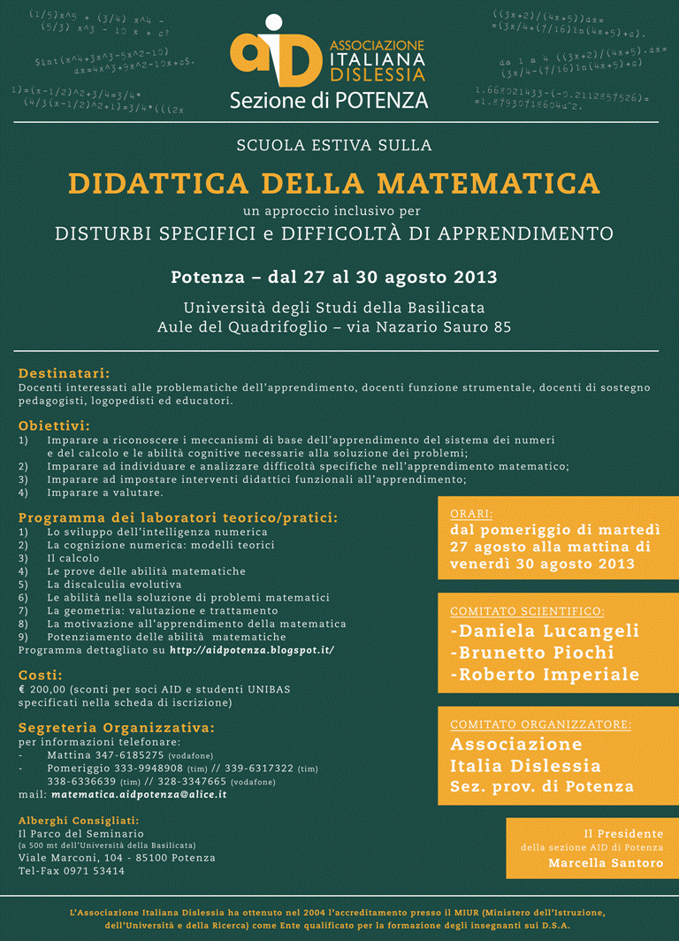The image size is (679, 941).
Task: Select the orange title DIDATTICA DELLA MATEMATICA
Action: click(x=334, y=183)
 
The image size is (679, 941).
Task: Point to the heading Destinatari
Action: click(x=64, y=373)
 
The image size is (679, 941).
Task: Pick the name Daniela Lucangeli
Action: click(x=545, y=631)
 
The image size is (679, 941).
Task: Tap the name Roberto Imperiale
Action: click(x=545, y=674)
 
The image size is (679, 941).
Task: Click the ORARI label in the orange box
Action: click(x=471, y=513)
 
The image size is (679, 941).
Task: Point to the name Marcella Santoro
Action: click(x=606, y=863)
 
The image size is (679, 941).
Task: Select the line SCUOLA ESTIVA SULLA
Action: click(x=334, y=144)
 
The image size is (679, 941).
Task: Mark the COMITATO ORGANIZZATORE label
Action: click(x=540, y=724)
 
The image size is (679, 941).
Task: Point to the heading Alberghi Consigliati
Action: click(x=79, y=820)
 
